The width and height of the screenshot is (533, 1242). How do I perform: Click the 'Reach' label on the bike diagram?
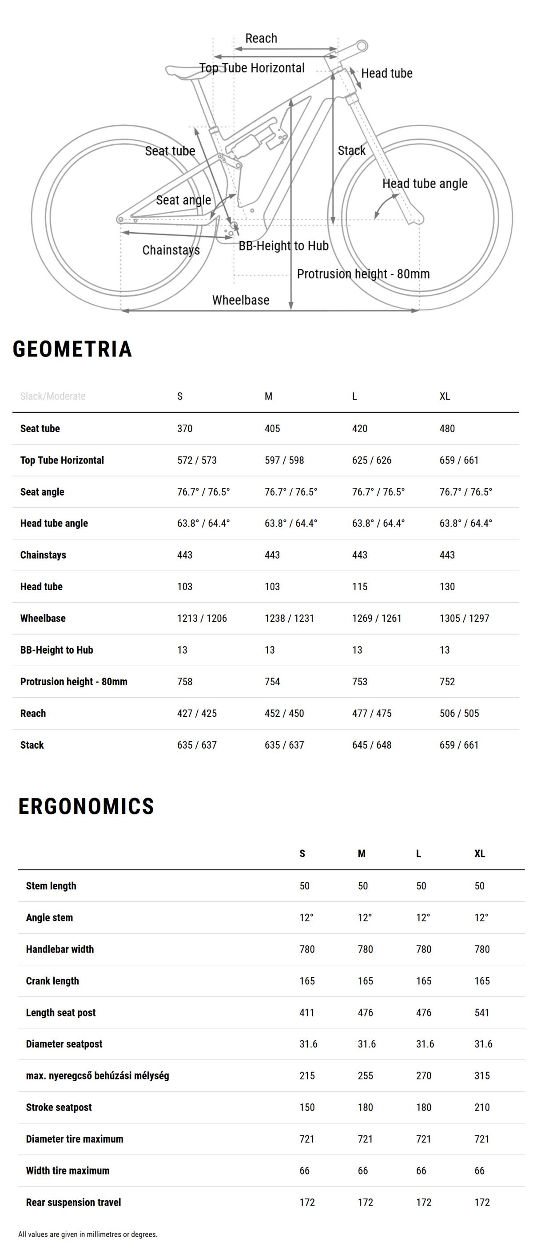pos(261,39)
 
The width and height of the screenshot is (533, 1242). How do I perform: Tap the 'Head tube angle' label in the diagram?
pos(425,184)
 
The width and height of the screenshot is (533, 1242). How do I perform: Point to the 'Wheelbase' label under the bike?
pos(241,300)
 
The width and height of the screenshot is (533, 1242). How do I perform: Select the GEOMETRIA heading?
pos(72,349)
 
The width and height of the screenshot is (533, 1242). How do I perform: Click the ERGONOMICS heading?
pos(86,806)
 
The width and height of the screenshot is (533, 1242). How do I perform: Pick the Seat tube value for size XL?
pos(447,428)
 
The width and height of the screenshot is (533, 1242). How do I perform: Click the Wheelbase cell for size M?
pos(289,618)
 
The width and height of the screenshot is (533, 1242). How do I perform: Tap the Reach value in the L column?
pos(371,713)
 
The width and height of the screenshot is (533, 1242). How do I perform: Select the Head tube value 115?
pos(359,586)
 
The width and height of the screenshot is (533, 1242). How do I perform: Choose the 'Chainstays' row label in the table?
pos(43,555)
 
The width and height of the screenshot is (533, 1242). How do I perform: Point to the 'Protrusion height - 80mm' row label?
pos(74,681)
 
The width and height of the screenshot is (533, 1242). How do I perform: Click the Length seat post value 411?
pos(307,1012)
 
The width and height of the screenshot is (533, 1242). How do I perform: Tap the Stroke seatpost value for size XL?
pos(482,1107)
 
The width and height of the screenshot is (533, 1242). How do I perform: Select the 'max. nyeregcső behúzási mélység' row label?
pos(97,1075)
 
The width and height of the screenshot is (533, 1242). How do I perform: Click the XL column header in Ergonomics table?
pos(479,853)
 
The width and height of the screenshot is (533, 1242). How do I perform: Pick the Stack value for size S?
pos(197,745)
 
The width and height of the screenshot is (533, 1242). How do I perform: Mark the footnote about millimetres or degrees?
pos(88,1234)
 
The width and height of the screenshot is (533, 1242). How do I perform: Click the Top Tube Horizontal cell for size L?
pos(371,460)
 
